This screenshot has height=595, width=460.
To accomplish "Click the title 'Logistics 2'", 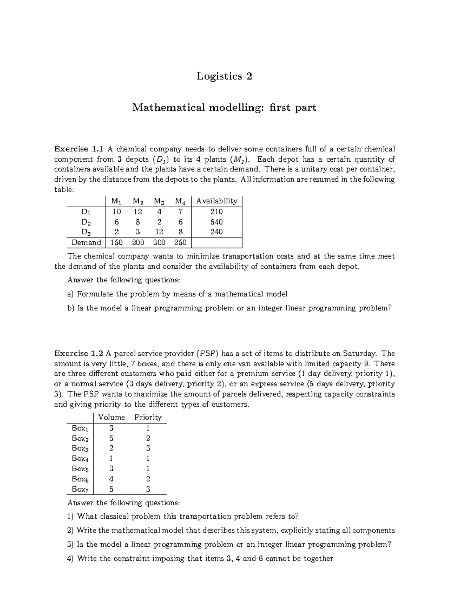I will (x=224, y=76).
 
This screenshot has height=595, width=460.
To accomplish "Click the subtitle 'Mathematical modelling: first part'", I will (x=224, y=108).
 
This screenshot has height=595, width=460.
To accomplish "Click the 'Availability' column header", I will (x=217, y=201).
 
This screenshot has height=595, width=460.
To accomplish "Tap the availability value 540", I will (x=217, y=222).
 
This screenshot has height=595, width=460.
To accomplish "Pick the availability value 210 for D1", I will (x=217, y=212).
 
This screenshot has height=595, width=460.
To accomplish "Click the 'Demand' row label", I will (x=86, y=243).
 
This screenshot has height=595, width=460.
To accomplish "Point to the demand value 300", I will (x=159, y=243).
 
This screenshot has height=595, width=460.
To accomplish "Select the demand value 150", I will (x=117, y=243).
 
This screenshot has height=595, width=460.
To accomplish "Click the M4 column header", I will (x=180, y=201).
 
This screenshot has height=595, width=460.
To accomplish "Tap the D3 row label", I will (x=86, y=232).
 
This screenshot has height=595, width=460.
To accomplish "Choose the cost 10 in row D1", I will (x=117, y=212).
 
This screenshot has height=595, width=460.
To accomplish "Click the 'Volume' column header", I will (x=112, y=417).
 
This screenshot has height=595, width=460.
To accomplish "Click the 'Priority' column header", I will (x=148, y=417).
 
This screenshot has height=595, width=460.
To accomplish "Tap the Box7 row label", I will (x=80, y=489).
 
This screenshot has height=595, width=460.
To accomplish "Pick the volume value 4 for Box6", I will (x=111, y=479).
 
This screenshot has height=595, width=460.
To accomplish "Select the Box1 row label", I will (x=80, y=428).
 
